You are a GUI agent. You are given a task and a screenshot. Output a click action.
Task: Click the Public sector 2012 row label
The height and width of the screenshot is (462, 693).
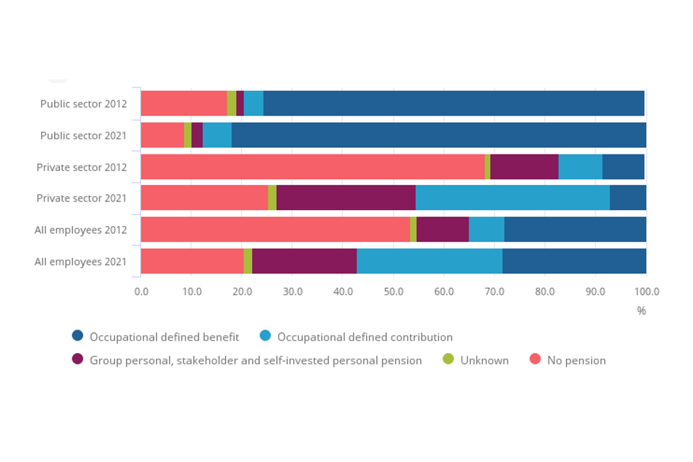click(84, 104)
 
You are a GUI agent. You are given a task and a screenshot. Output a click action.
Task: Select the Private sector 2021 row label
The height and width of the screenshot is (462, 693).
click(82, 199)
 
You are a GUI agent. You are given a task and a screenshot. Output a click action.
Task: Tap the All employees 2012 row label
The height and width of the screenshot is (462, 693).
click(81, 230)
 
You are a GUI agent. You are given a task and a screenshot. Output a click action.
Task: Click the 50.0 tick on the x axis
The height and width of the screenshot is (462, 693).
click(393, 292)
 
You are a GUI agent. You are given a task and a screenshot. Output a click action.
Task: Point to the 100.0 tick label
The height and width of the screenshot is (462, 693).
click(646, 292)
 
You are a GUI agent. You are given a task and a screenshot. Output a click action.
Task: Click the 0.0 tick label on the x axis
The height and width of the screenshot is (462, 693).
click(141, 292)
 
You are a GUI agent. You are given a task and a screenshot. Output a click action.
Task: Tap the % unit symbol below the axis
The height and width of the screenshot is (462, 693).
click(641, 311)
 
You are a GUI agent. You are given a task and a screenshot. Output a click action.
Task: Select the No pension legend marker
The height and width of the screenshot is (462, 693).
click(535, 359)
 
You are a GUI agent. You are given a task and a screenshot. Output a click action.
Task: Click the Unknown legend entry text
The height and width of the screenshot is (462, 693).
click(484, 360)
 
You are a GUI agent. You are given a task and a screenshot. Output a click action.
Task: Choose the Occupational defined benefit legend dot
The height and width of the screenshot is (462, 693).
click(78, 336)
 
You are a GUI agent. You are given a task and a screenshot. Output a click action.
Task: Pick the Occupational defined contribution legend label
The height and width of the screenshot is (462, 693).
click(365, 337)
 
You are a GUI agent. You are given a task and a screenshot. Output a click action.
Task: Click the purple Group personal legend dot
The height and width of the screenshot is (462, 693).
click(78, 359)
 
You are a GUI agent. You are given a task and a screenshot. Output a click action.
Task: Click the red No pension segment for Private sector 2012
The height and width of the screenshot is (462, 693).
click(313, 167)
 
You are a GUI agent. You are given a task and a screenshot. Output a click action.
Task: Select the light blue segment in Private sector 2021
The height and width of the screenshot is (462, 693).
click(513, 198)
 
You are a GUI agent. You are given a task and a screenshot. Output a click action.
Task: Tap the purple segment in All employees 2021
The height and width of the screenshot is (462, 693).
click(304, 261)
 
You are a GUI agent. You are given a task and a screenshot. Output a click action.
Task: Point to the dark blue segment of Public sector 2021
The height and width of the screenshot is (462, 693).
click(439, 135)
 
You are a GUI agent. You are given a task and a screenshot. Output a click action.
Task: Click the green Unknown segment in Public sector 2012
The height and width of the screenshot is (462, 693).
click(232, 103)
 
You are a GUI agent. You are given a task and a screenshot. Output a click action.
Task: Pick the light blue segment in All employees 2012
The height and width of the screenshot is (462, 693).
click(487, 230)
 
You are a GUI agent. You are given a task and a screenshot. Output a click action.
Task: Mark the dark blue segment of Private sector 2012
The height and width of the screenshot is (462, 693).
click(623, 167)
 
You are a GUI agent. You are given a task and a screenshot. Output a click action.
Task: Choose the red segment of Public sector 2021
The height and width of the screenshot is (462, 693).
click(162, 135)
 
